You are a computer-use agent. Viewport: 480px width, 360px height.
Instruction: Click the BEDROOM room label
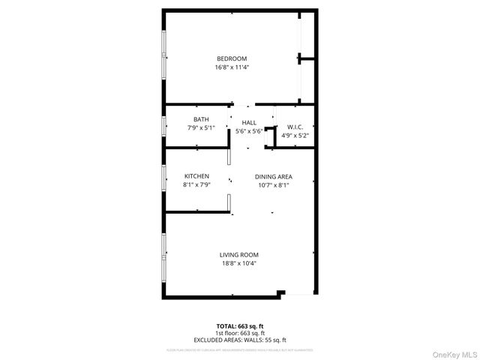232,59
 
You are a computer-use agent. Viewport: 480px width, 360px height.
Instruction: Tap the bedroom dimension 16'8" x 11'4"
232,67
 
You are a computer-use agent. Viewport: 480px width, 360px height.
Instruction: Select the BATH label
201,119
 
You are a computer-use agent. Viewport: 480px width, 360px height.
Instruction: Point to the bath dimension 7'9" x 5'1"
201,127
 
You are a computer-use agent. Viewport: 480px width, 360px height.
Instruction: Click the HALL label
249,122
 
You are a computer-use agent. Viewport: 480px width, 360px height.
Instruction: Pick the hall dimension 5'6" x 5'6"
249,131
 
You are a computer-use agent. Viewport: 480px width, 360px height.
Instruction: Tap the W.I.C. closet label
294,127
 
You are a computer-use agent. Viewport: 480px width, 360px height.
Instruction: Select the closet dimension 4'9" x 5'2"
294,135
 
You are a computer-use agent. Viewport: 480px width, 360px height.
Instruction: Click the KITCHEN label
196,176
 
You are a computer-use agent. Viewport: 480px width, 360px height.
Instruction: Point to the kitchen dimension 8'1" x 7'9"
196,184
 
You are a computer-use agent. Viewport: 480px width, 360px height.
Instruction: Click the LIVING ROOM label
239,255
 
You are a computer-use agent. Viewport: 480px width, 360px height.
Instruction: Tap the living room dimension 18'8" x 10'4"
239,263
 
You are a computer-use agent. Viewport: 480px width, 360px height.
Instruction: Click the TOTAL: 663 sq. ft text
240,325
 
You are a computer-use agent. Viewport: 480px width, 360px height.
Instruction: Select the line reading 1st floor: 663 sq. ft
240,332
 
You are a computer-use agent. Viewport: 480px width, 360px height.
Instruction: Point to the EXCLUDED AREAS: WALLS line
240,340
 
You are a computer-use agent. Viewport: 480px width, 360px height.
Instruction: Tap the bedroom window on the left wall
164,55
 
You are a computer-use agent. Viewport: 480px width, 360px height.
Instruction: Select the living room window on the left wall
164,255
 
